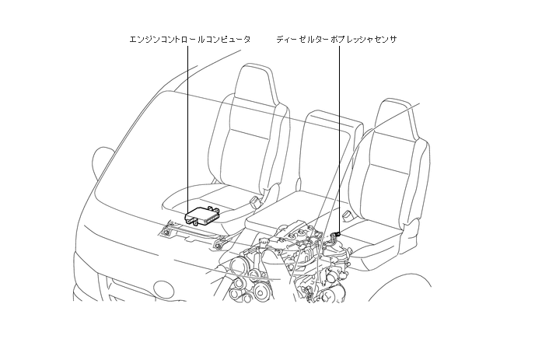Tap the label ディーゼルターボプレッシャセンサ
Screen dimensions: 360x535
point(337,38)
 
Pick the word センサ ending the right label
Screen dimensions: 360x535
point(383,38)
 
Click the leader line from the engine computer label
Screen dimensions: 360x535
point(188,124)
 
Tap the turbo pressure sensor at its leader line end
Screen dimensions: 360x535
point(337,231)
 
